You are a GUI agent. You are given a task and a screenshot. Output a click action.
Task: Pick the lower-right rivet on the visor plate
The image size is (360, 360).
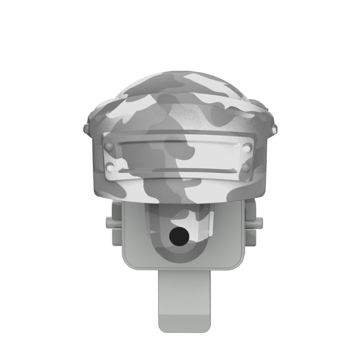click(246, 168)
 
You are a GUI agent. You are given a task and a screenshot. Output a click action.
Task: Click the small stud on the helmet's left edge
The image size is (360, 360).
click(86, 129)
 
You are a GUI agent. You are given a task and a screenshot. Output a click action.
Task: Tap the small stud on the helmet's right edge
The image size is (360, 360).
click(271, 129)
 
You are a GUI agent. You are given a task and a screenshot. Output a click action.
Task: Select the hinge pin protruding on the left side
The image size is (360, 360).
click(108, 222)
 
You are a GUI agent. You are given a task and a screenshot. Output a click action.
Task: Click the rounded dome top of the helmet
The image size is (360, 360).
click(180, 85)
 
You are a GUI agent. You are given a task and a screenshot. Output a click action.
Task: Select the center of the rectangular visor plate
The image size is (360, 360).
click(177, 157)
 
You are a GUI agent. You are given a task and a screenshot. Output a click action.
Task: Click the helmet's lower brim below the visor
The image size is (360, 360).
click(180, 191)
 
